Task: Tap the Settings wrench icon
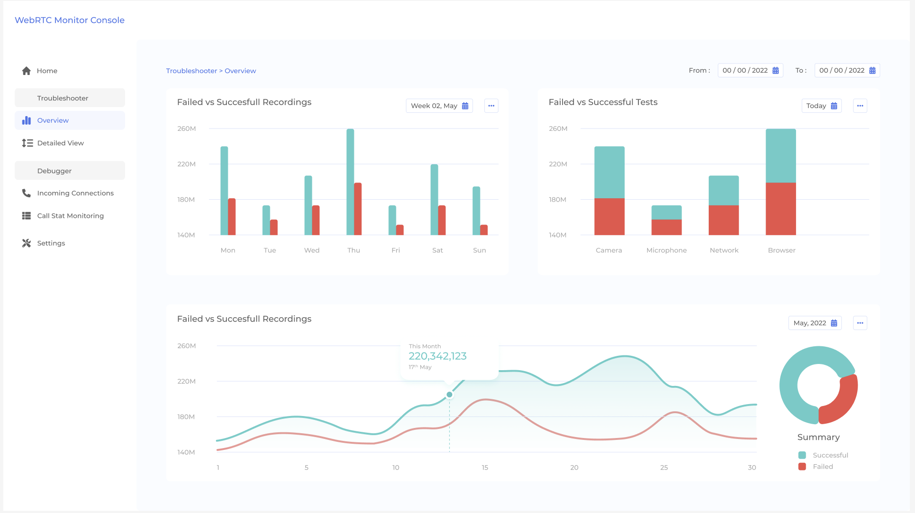coord(26,243)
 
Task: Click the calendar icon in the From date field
coord(776,71)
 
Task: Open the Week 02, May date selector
coord(439,106)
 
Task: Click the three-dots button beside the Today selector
coord(860,106)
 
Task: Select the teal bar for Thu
coord(350,182)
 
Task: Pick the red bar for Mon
coord(232,216)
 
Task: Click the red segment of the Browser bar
coord(780,209)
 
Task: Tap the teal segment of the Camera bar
coord(609,172)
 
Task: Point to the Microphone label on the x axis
coord(666,250)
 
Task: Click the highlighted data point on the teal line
coord(449,395)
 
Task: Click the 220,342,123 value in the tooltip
coord(437,356)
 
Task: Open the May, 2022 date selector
coord(815,323)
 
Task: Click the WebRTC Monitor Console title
coord(70,20)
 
